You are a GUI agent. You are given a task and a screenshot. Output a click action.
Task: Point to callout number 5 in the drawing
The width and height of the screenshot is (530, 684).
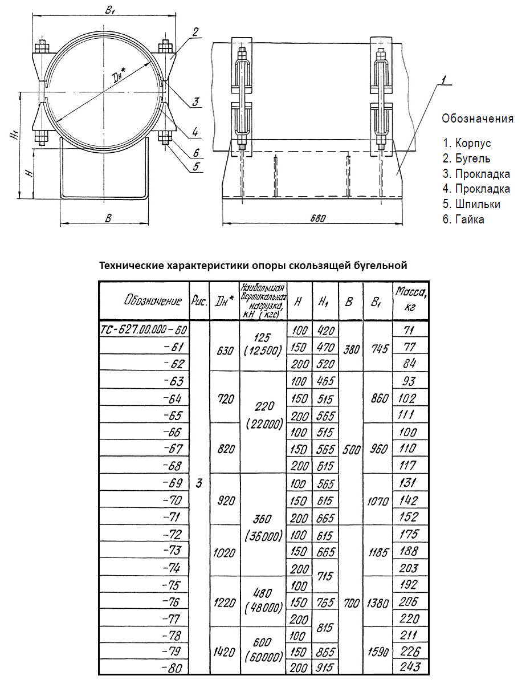point(195,167)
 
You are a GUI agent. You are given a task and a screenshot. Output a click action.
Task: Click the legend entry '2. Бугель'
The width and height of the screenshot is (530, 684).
point(466,158)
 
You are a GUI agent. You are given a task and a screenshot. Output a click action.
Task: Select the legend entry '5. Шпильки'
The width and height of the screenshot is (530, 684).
point(471,203)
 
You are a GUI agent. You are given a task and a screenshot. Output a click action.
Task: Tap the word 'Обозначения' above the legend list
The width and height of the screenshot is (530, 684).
point(478,119)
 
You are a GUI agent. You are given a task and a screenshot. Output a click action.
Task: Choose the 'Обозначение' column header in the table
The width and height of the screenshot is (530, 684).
point(145,301)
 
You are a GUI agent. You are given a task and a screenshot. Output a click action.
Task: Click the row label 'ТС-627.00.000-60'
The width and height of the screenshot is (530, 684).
point(144,329)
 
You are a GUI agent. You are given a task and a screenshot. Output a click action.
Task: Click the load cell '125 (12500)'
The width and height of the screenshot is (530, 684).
point(263,346)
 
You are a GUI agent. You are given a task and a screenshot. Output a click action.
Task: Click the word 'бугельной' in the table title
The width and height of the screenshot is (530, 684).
point(379,265)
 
